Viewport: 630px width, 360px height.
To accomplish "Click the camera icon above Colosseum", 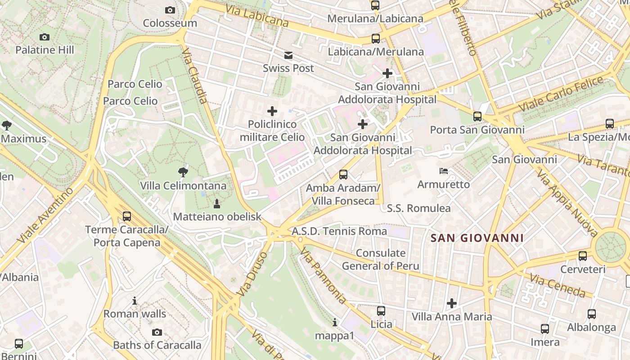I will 170,10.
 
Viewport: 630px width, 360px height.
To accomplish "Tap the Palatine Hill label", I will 45,49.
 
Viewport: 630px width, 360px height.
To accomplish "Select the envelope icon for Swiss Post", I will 288,55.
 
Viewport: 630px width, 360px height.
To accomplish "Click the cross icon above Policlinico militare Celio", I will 272,111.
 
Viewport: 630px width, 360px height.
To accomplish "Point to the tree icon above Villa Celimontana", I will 183,171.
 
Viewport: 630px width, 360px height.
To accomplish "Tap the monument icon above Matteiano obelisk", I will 217,203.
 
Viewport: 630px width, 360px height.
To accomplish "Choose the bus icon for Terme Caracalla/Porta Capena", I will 127,216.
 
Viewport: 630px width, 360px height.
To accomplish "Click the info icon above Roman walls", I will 135,301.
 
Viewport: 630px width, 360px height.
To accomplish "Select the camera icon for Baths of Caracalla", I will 157,332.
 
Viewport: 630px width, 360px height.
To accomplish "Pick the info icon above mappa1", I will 334,322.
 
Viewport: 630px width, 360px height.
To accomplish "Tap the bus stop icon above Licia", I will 381,310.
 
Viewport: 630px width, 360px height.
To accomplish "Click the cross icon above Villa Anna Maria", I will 452,303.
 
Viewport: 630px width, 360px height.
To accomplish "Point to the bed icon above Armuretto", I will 444,171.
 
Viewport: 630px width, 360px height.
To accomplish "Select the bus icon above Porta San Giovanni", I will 477,117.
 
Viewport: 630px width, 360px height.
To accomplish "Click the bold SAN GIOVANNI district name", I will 477,238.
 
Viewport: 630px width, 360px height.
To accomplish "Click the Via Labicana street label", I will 256,16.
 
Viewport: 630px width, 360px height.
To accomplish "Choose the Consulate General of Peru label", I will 381,259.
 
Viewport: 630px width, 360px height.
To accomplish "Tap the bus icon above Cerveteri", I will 583,256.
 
